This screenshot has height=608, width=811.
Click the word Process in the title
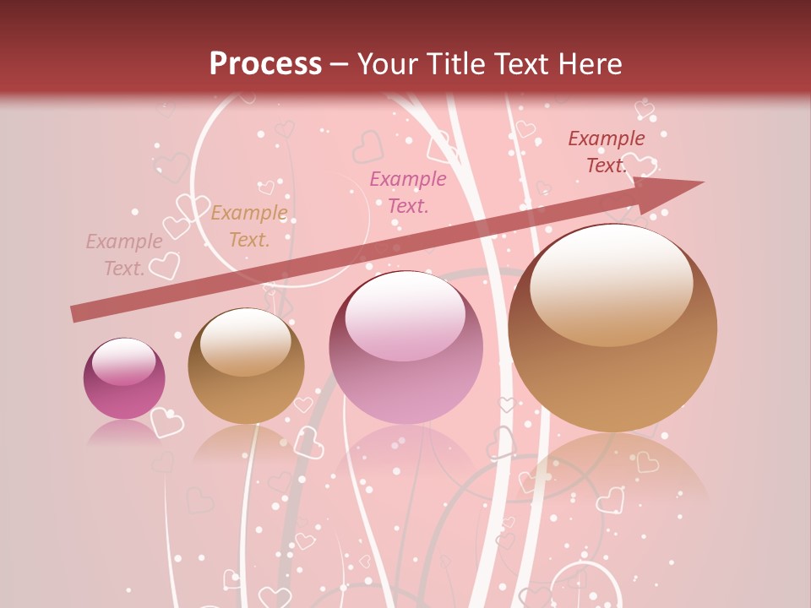click(x=265, y=64)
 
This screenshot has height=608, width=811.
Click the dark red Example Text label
click(x=606, y=152)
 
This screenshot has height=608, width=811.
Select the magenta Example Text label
click(x=408, y=192)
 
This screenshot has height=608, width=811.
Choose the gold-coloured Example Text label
click(x=249, y=226)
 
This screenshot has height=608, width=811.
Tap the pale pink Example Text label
click(x=124, y=255)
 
